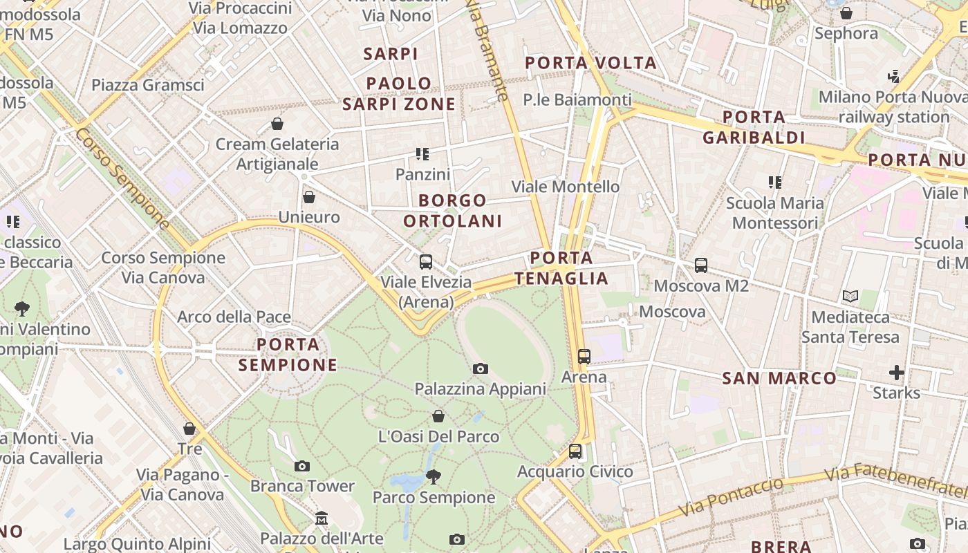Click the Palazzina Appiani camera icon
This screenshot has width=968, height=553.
point(480,369)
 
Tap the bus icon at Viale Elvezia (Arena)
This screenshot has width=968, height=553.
point(426,262)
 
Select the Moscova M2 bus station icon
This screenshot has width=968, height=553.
point(701,265)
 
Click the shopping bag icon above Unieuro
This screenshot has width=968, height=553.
point(309,197)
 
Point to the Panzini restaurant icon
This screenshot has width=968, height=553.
point(422,154)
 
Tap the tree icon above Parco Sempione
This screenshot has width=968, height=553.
point(434,476)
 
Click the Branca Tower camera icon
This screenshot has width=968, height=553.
point(302,466)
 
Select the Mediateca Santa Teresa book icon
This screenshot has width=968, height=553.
point(850,297)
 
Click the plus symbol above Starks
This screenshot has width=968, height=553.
point(897,373)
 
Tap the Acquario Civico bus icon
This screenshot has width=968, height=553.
point(575,451)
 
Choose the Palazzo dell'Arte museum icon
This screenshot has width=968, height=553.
point(322,518)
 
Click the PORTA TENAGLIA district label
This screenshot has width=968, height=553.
point(561,268)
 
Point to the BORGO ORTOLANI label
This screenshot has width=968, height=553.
point(452,211)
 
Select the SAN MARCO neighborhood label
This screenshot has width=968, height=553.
point(779,378)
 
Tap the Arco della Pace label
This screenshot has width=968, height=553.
point(234,317)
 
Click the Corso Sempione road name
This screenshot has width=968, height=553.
point(122,178)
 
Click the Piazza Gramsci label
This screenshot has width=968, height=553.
point(148,85)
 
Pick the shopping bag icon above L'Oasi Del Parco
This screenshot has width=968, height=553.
point(438,416)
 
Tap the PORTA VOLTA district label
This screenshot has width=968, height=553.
point(590,63)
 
